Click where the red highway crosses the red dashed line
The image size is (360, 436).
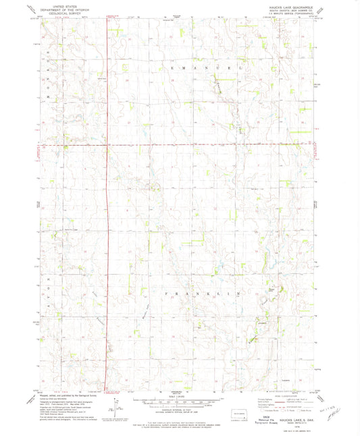[108, 144]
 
